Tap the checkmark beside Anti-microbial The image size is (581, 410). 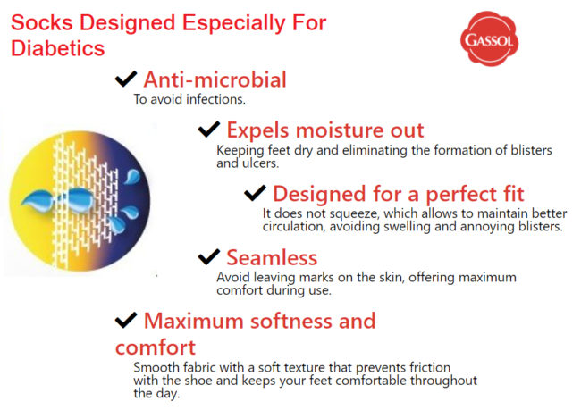click(x=126, y=79)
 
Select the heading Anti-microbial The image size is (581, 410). click(x=215, y=79)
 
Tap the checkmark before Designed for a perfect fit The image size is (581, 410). click(x=256, y=192)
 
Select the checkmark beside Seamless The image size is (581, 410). click(x=208, y=256)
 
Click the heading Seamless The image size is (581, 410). click(x=271, y=257)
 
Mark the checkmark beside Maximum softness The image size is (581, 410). click(x=126, y=320)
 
